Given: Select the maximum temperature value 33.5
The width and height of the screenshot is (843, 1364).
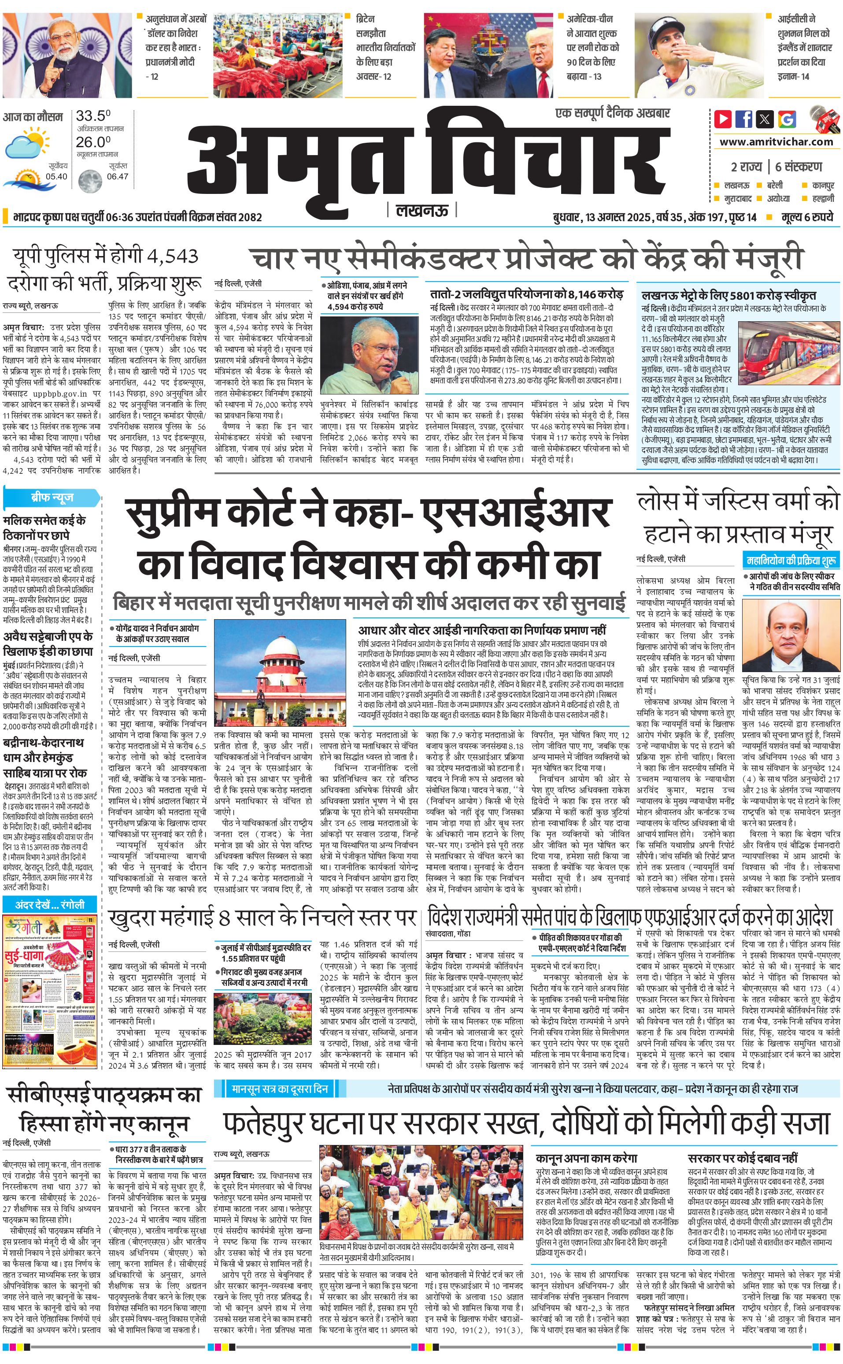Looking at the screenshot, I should pyautogui.click(x=93, y=116).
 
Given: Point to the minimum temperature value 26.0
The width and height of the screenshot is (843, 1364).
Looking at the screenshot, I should pyautogui.click(x=93, y=142).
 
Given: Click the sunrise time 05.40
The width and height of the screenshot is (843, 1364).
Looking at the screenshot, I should pyautogui.click(x=56, y=176).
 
